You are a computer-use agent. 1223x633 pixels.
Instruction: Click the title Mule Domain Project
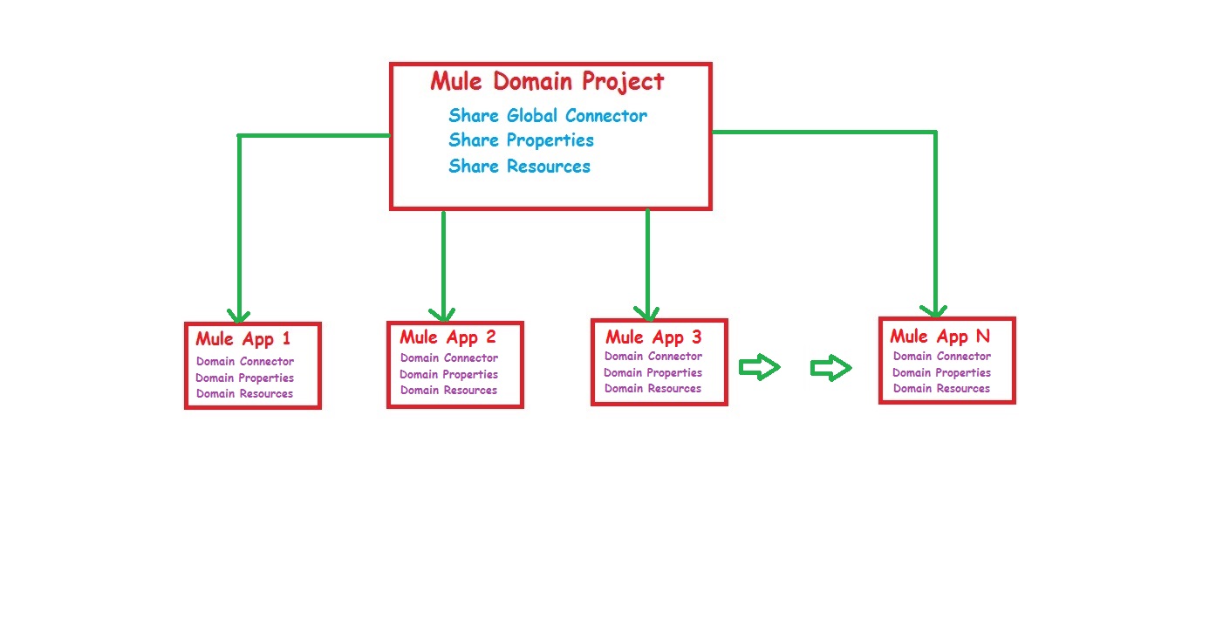tap(547, 82)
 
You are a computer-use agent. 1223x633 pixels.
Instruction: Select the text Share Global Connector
tap(548, 116)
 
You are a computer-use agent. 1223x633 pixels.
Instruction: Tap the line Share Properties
tap(521, 140)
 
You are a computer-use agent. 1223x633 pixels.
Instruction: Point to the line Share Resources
tap(519, 167)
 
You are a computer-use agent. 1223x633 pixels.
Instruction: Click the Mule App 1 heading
tap(243, 339)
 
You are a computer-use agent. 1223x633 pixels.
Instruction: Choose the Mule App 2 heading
tap(448, 337)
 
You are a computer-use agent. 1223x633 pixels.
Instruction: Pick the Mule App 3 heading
tap(653, 337)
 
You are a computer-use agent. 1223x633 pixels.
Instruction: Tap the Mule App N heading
tap(939, 337)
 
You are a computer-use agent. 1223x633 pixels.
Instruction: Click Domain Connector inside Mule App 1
tap(245, 361)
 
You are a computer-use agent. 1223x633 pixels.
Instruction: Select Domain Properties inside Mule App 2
tap(448, 374)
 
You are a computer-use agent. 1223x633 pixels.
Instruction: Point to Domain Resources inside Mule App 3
tap(652, 389)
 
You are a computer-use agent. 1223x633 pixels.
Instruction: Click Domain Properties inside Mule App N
tap(941, 372)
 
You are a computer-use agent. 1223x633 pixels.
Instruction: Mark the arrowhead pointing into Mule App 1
tap(238, 315)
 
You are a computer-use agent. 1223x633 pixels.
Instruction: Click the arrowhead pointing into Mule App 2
tap(443, 314)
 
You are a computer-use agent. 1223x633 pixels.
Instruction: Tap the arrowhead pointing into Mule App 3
tap(646, 312)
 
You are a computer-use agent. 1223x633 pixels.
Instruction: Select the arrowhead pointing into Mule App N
tap(934, 310)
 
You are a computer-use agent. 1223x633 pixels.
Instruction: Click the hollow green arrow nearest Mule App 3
tap(759, 368)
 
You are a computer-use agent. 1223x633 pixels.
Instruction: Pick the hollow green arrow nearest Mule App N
tap(830, 369)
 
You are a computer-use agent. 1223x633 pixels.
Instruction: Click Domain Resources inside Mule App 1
tap(244, 393)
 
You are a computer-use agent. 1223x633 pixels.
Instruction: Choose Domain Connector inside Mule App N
tap(941, 356)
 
